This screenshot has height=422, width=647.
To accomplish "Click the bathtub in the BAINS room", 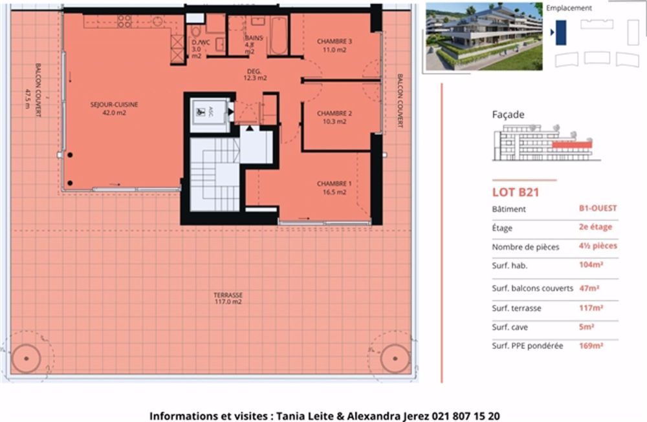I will pos(278,36).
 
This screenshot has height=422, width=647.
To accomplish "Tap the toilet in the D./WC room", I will pos(196,32).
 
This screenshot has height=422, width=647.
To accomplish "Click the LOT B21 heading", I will pos(516,191).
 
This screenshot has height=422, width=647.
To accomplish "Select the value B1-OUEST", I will pos(598,208).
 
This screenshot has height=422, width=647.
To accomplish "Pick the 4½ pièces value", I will pos(598,246).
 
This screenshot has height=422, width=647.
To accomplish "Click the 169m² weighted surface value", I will pos(591,346).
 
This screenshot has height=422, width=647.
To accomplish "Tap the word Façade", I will pos(508,114).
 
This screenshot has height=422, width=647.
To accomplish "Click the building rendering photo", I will pos(483,36).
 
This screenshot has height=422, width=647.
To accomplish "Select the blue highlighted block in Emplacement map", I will pos(560,32).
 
